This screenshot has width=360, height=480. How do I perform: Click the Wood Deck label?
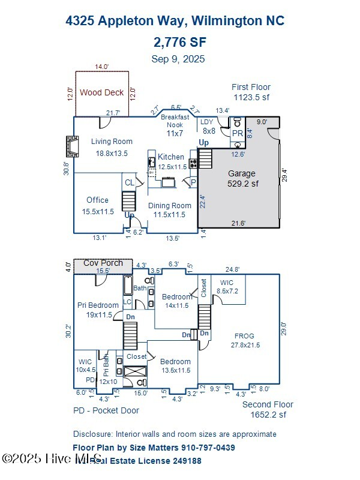click(101, 92)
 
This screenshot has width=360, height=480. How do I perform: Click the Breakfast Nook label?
click(175, 121)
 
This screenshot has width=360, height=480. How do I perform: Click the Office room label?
click(97, 206)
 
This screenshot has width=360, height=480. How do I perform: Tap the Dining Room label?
click(170, 210)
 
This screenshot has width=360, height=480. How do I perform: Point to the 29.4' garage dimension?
click(285, 175)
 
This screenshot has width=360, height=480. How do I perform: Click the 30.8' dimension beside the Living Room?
click(68, 169)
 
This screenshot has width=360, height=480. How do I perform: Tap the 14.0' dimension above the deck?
click(101, 67)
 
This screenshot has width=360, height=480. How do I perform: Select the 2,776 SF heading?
click(178, 42)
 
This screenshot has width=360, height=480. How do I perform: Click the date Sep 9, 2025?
click(178, 59)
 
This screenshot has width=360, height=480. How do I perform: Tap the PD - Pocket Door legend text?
click(106, 410)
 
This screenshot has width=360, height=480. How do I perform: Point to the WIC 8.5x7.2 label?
click(227, 287)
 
